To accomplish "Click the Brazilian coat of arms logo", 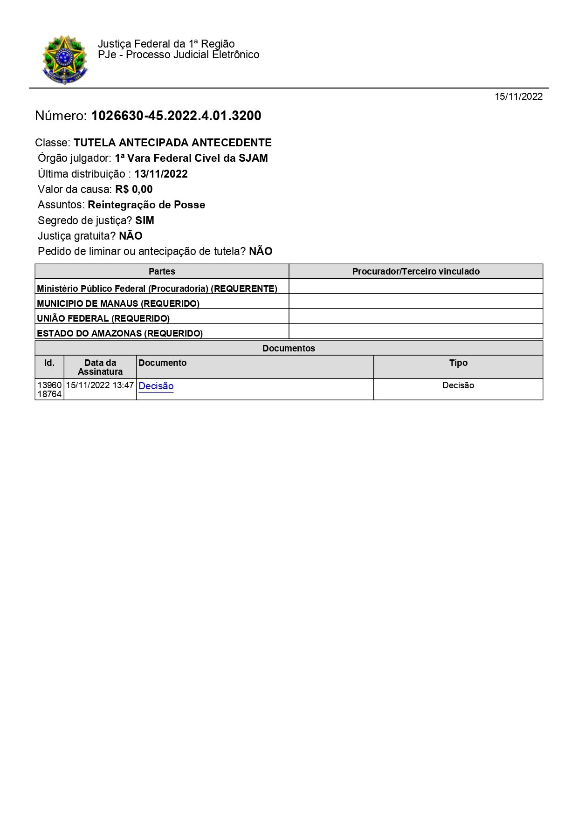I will click(x=65, y=60).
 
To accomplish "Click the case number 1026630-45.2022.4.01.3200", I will click(x=176, y=116).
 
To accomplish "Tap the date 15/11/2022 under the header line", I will click(x=518, y=96).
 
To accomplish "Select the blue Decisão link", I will click(x=156, y=386).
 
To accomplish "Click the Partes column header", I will click(x=162, y=271).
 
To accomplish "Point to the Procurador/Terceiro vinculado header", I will click(x=416, y=271).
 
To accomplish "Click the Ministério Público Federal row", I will click(x=157, y=289).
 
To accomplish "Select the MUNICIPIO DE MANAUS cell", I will click(x=118, y=303).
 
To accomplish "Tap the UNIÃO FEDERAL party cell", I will click(x=103, y=318).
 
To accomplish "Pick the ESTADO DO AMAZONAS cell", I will click(x=120, y=333).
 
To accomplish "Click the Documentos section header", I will click(x=289, y=348).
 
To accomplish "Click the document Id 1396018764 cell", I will click(x=49, y=389).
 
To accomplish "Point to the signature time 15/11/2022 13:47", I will click(x=100, y=385).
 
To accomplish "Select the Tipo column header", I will click(x=458, y=363).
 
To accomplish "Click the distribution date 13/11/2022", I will click(x=161, y=174).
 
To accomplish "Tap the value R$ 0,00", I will click(x=134, y=189).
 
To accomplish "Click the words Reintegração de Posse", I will click(x=146, y=205).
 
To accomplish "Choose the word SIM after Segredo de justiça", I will click(x=144, y=220).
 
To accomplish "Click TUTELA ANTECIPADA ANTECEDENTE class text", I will click(x=172, y=143).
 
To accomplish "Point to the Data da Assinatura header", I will click(x=100, y=367).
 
